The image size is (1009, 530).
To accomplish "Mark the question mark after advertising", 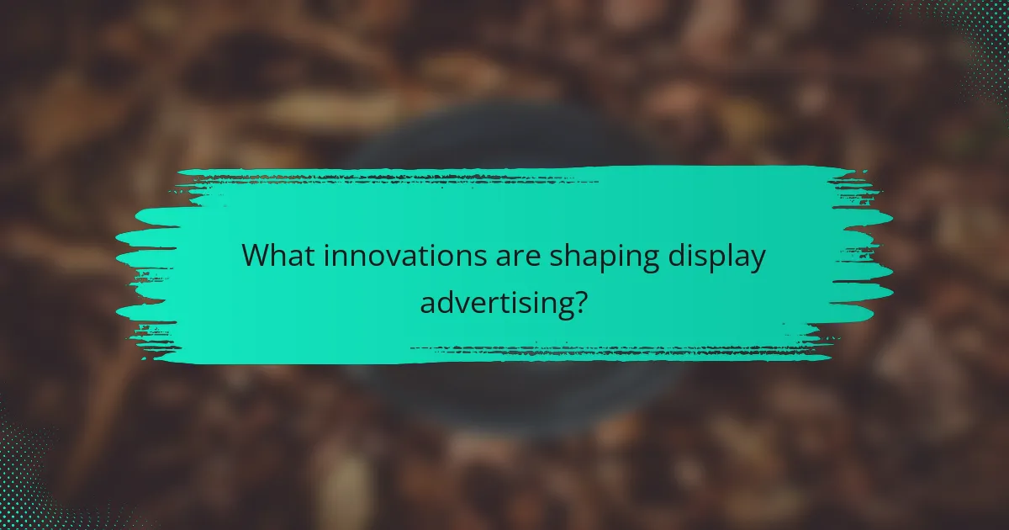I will click(578, 299).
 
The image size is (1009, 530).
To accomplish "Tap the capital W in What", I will click(255, 257).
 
